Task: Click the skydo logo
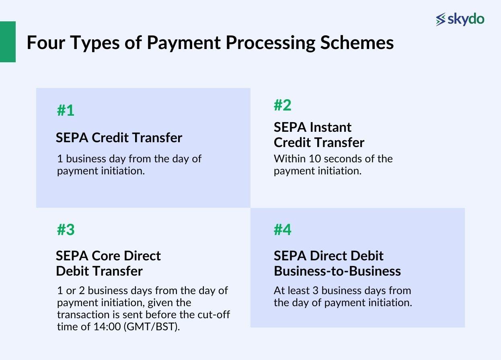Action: pyautogui.click(x=460, y=19)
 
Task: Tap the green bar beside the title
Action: pyautogui.click(x=8, y=42)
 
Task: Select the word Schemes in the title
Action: pyautogui.click(x=357, y=43)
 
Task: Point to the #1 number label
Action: pyautogui.click(x=66, y=110)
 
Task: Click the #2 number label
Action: pyautogui.click(x=282, y=105)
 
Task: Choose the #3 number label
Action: pyautogui.click(x=66, y=230)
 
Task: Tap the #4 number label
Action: pyautogui.click(x=282, y=230)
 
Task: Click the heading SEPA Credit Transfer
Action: pyautogui.click(x=119, y=137)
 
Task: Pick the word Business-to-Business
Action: pyautogui.click(x=337, y=271)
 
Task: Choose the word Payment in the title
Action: pyautogui.click(x=183, y=43)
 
